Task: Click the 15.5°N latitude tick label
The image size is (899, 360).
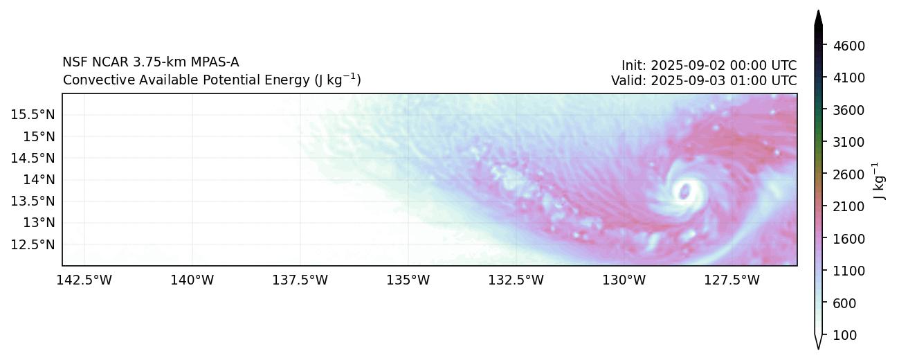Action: (33, 114)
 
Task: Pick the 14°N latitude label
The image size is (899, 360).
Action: (38, 179)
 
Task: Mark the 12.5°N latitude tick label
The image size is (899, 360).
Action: (33, 244)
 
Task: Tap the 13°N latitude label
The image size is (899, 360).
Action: (38, 222)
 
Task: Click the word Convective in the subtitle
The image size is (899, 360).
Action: (90, 80)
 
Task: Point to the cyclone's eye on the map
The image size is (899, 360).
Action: (684, 191)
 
